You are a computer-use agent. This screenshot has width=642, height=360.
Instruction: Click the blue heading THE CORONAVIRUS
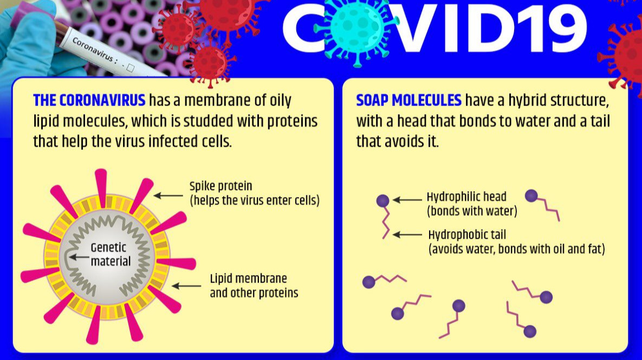(89, 100)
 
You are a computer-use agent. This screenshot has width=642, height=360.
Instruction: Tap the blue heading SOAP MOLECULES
(408, 100)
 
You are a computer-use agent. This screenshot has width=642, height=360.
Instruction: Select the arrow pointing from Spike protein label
(168, 196)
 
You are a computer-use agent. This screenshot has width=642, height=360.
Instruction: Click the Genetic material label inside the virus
(110, 254)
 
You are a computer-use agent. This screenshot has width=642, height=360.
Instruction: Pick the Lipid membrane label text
(254, 285)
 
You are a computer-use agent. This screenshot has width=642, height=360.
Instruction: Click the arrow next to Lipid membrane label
(186, 286)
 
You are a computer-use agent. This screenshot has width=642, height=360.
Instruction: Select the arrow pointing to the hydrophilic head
(407, 200)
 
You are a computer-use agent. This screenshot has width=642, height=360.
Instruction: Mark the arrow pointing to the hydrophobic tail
(407, 235)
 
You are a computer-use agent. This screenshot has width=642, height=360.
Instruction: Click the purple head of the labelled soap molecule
(383, 200)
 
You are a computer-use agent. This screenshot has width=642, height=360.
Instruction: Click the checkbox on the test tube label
(130, 68)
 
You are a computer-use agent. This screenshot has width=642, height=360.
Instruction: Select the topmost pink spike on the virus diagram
(101, 182)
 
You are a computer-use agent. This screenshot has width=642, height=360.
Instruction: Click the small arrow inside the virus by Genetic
(79, 257)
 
